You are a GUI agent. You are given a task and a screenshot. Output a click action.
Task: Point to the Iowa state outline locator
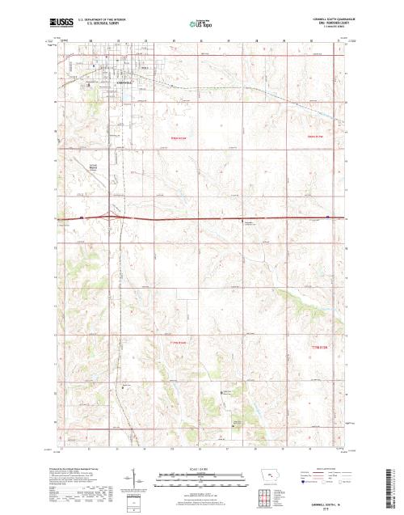coord(271,477)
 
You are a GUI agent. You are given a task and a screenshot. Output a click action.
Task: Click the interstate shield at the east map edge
coord(327,217)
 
